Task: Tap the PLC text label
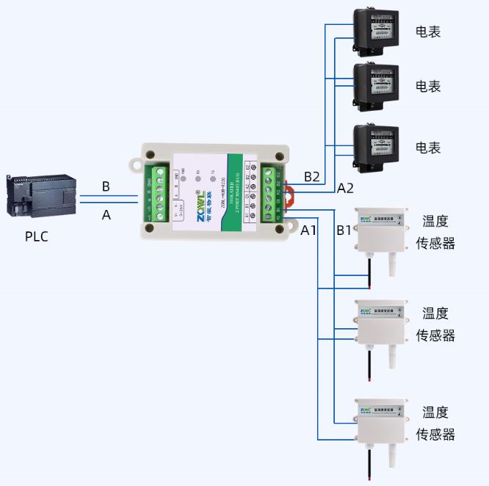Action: [x=37, y=237]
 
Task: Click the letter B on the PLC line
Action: [x=106, y=187]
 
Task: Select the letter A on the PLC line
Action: [x=106, y=215]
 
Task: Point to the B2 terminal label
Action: [x=312, y=177]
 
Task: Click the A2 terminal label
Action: [x=346, y=188]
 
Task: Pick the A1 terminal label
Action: [x=309, y=230]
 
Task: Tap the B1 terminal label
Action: [x=344, y=230]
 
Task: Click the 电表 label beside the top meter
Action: [x=428, y=32]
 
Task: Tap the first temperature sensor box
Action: [x=380, y=231]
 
